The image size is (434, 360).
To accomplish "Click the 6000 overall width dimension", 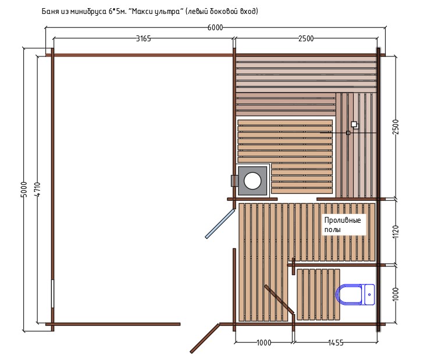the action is pos(215,28).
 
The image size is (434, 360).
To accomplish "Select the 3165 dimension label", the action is pos(143,38).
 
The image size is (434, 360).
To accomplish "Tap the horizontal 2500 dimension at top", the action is pos(306,38).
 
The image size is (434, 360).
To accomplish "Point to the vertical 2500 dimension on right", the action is pos(396,127).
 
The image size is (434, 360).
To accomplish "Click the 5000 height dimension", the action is pos(24,190).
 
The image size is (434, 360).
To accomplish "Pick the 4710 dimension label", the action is pos(38,190).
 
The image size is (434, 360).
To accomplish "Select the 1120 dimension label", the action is pos(396,232).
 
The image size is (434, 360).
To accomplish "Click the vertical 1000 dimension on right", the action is pos(396,294).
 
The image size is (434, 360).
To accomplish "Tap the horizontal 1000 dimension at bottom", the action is pos(264,343).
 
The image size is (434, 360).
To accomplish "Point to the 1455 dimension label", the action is pos(336,343).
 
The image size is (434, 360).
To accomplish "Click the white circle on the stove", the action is pos(252,181).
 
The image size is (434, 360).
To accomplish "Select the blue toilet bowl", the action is pos(348,294).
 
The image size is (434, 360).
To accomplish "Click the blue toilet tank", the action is pos(369,294).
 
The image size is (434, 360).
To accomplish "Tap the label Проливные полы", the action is pos(343,224).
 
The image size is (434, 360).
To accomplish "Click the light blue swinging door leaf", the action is pos(220,223).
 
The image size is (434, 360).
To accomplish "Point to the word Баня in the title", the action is pos(49,12).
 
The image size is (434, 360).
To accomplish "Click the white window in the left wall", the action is pos(52,294).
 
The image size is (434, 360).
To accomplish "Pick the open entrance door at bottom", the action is pos(205,338).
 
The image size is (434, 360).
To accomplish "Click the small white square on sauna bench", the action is pos(354,124).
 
